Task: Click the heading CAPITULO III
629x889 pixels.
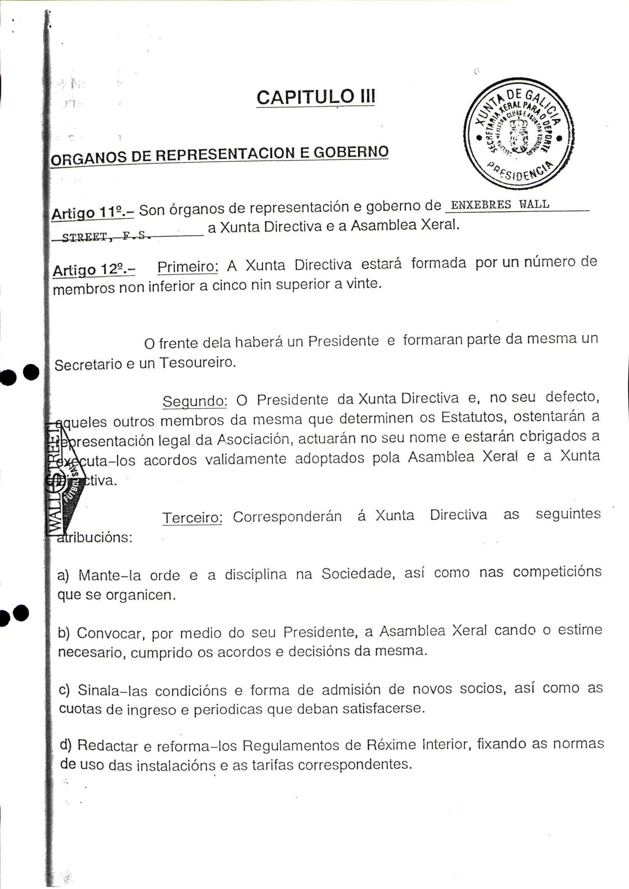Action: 315,97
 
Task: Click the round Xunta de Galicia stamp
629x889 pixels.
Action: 519,133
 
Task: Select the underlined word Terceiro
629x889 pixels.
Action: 192,517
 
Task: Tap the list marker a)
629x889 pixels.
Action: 63,576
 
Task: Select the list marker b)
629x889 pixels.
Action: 64,634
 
